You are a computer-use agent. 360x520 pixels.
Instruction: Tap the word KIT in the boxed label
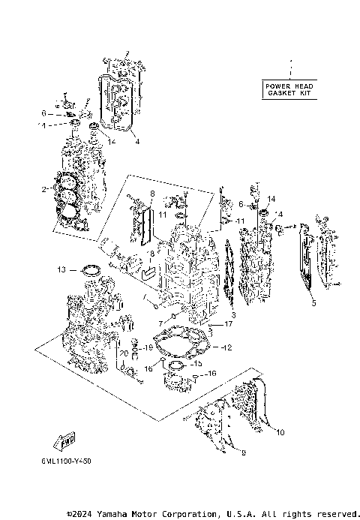point(301,95)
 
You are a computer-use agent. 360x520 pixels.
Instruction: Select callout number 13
point(62,269)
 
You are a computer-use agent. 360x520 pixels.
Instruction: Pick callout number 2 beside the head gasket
point(46,189)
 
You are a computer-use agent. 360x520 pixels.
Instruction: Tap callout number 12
point(228,347)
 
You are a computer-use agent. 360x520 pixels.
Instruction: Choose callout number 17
point(229,323)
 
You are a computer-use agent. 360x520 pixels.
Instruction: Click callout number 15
point(199,363)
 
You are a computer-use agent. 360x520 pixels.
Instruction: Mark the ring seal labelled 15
point(176,365)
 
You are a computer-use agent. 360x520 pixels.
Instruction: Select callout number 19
point(148,347)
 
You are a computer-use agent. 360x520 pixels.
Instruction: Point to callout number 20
point(124,353)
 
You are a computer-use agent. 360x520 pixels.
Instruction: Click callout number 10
point(280,433)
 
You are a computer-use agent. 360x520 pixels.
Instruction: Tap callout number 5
point(314,303)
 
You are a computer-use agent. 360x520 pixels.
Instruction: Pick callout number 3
point(232,314)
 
